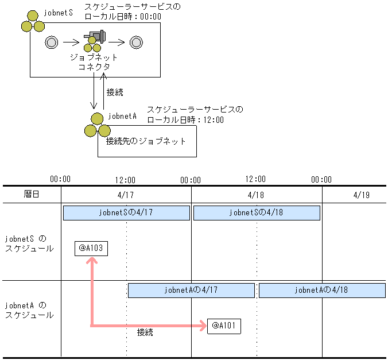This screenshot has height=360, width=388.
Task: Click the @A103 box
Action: coord(91,248)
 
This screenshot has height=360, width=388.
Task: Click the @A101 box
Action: coord(224,326)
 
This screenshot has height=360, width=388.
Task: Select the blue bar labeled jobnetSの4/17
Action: coord(126,212)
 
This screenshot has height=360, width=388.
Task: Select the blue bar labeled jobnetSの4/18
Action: coord(257,212)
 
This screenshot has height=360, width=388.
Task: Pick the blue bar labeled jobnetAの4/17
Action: coord(191,290)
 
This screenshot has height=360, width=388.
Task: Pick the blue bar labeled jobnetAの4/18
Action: coord(322,290)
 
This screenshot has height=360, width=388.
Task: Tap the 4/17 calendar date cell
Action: coord(126,195)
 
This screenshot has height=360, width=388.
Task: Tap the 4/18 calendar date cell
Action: coord(256,195)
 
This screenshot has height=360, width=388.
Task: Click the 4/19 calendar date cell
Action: coord(362,195)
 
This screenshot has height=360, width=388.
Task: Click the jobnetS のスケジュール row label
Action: coord(29,243)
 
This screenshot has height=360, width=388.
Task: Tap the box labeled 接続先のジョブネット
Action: coord(147,141)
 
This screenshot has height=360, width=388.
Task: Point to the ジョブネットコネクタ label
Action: coord(94,62)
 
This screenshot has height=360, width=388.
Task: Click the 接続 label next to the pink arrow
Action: coord(145,332)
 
